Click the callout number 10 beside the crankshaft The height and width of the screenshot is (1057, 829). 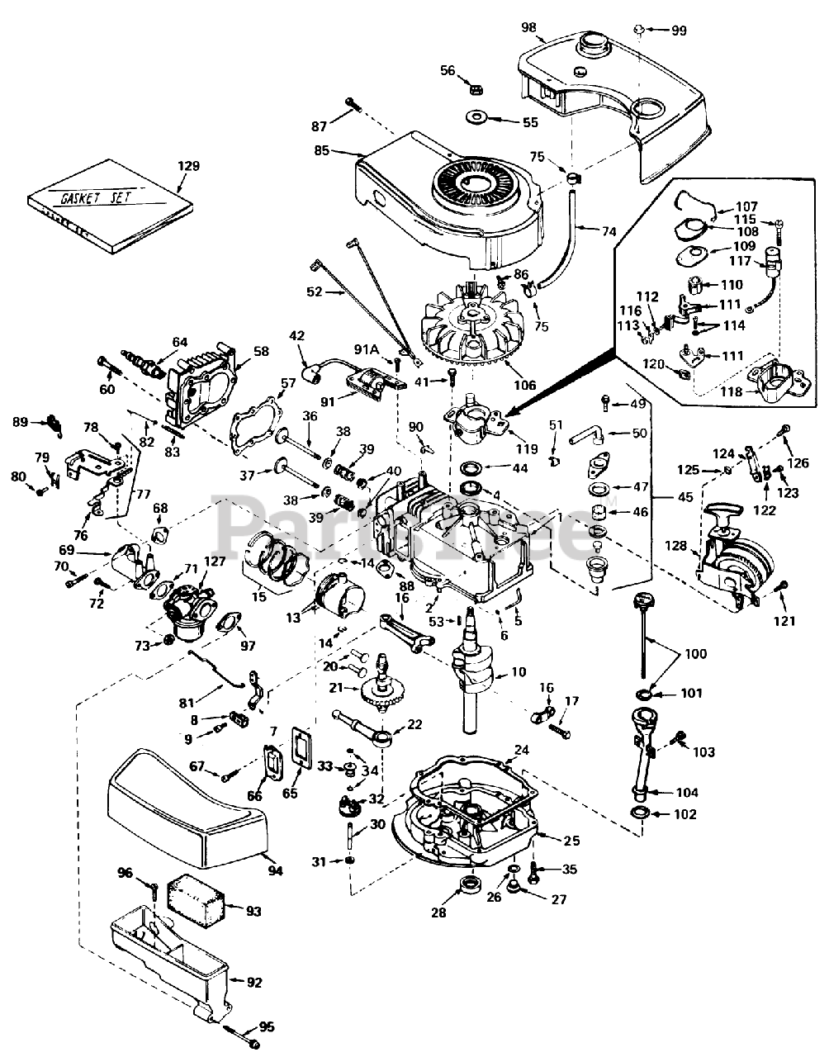coord(518,672)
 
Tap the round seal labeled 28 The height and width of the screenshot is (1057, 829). coord(471,892)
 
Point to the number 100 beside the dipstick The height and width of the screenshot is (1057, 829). coord(696,654)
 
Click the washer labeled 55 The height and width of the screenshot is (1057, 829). coord(477,115)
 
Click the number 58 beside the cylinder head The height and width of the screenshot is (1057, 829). coord(261,352)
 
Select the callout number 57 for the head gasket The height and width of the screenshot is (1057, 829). coord(287,383)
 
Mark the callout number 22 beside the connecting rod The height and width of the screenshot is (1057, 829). coord(414,725)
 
